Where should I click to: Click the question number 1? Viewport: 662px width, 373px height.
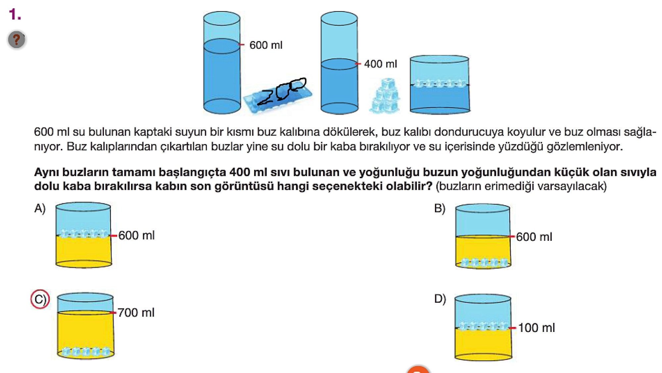[15, 15]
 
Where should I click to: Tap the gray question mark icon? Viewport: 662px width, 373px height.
[16, 40]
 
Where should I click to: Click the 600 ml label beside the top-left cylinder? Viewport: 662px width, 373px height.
[266, 45]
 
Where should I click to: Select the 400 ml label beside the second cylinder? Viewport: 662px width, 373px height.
[380, 64]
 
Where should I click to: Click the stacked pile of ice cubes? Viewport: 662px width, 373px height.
[385, 96]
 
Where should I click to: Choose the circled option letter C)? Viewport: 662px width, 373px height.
[40, 299]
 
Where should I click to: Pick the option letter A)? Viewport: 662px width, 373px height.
[40, 208]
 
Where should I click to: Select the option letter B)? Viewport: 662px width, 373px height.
[440, 208]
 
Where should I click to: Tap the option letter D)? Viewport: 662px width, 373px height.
[440, 299]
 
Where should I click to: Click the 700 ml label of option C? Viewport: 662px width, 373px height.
[136, 312]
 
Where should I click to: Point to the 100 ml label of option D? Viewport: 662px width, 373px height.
[536, 328]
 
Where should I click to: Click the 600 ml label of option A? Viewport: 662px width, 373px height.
[136, 236]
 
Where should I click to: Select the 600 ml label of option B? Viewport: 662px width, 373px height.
[534, 237]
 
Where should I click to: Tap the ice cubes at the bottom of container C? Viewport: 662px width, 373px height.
[86, 351]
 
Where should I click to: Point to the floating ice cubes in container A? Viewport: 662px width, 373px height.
[84, 234]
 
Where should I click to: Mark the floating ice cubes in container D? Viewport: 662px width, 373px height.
[483, 326]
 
